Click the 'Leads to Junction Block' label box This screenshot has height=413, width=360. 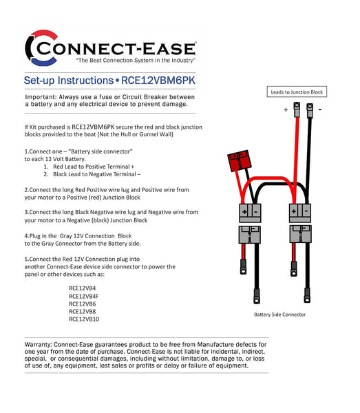(x=296, y=92)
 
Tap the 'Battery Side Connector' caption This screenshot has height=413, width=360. (x=279, y=315)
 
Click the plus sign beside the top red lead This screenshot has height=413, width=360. (x=285, y=109)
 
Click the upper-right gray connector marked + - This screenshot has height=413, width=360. (x=301, y=212)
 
